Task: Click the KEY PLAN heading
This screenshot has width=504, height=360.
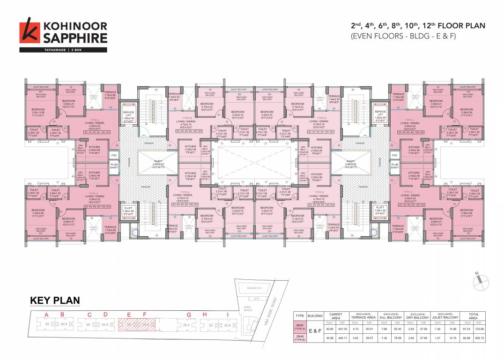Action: (55, 300)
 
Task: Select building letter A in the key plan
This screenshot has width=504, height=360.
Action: (46, 314)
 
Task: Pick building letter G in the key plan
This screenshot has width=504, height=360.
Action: (189, 314)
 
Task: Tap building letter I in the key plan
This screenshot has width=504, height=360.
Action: (227, 314)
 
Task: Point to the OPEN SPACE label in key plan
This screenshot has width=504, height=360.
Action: (247, 309)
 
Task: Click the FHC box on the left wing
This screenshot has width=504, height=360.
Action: (113, 155)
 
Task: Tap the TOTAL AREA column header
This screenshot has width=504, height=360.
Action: (473, 316)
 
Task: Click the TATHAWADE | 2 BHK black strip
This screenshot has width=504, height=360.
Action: (63, 50)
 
